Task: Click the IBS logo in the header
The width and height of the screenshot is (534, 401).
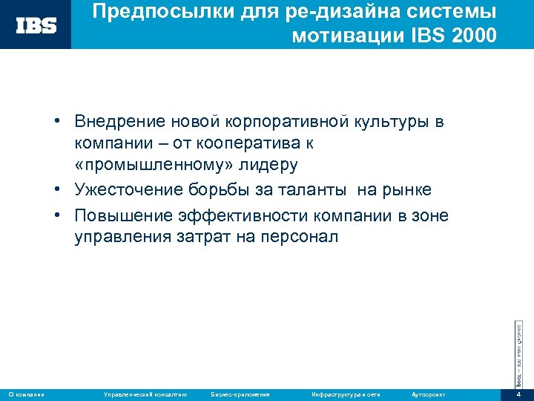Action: click(36, 25)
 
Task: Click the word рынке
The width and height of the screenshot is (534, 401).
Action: click(406, 190)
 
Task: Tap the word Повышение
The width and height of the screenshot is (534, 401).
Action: click(121, 215)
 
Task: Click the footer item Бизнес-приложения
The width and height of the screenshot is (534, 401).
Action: click(240, 394)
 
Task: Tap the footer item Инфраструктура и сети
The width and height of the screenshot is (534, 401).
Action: click(346, 394)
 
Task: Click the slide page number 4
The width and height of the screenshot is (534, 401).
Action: click(519, 394)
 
